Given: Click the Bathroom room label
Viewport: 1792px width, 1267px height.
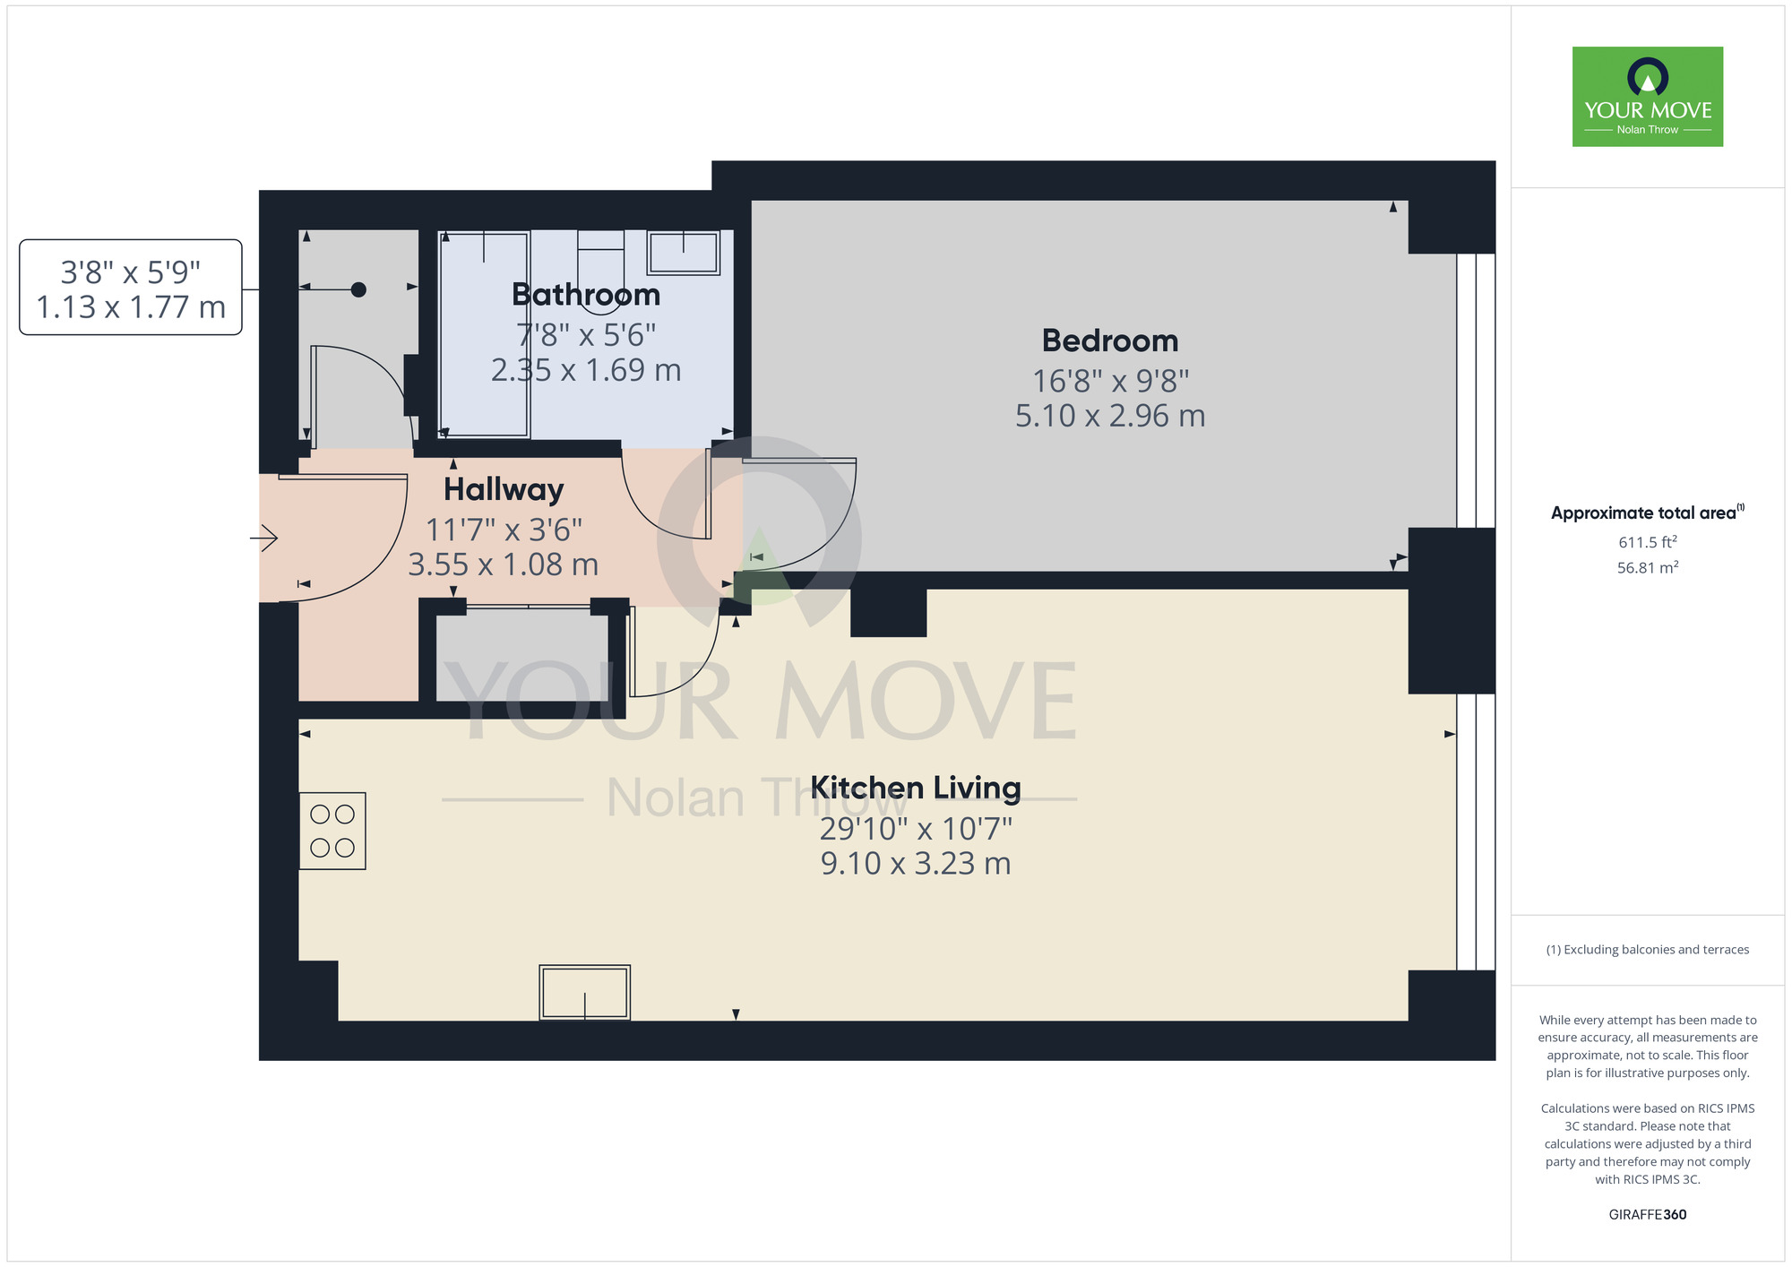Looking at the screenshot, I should tap(586, 295).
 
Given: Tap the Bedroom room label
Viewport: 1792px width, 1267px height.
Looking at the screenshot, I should tap(1109, 341).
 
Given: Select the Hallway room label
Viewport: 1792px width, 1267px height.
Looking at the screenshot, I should tap(504, 490).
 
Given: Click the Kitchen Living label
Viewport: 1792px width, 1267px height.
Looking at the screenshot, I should tap(915, 788).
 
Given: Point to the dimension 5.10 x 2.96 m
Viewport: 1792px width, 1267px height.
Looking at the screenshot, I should tap(1109, 416).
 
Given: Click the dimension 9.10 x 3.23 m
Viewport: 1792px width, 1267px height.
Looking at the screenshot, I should tap(915, 864).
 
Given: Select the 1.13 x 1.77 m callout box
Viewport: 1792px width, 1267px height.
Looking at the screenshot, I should tap(131, 288).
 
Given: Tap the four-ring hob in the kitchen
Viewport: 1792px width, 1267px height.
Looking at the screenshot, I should tap(332, 831).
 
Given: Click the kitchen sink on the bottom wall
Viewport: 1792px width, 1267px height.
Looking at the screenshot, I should tap(584, 992).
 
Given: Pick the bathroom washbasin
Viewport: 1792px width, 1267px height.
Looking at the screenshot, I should tap(684, 252).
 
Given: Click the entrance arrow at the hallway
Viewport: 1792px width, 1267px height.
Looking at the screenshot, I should tap(264, 539).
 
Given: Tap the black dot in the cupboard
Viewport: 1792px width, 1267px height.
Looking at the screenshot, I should tap(358, 289).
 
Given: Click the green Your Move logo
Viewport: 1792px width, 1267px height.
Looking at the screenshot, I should tap(1647, 97).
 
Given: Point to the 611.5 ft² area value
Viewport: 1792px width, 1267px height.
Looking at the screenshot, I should tap(1647, 542).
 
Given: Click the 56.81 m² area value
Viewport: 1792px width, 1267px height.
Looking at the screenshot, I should tap(1647, 567).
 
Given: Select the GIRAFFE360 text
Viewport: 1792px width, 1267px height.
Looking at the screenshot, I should tap(1647, 1215).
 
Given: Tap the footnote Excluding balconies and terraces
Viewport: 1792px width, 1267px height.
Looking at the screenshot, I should tap(1647, 950).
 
